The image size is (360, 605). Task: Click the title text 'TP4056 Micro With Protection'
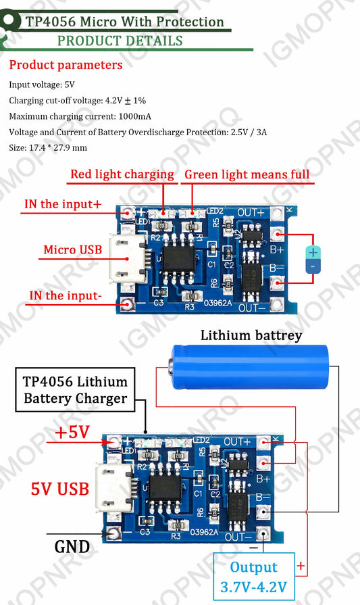(125, 22)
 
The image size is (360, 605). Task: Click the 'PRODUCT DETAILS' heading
(120, 41)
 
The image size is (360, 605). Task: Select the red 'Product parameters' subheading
(66, 66)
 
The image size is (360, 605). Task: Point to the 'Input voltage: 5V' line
(42, 85)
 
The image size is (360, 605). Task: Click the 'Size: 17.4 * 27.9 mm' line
(48, 147)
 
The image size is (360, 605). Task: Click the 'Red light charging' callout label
(122, 174)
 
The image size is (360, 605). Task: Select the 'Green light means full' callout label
(247, 174)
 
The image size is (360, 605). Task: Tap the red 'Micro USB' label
(73, 249)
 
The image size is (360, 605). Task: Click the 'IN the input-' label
(64, 295)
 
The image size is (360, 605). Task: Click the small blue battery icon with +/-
(313, 260)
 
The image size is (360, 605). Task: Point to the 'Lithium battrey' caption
(251, 335)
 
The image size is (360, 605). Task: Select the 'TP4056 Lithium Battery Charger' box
(76, 390)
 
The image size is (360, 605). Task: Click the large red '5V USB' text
(60, 488)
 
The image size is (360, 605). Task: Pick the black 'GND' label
(72, 546)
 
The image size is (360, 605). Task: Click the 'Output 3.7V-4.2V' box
(253, 577)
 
